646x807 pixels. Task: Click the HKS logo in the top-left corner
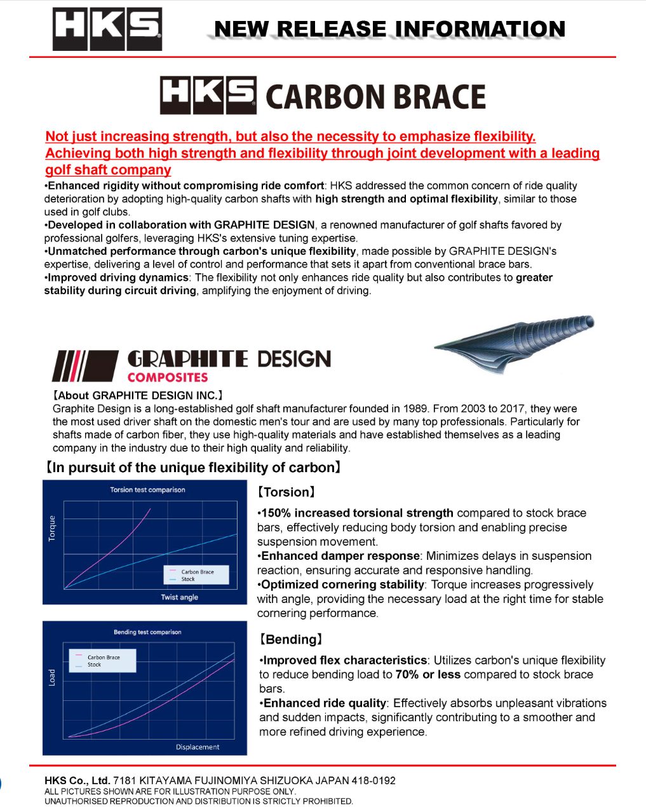[107, 29]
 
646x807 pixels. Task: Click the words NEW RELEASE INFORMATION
[389, 29]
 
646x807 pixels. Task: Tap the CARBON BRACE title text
[375, 97]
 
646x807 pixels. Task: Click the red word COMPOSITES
[168, 377]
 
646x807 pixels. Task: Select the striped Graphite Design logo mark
[84, 365]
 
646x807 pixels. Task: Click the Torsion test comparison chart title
[147, 490]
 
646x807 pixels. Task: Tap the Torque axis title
[52, 528]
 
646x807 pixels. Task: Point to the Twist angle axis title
[179, 597]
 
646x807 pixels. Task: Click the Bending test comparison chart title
[147, 632]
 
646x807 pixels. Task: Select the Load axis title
[52, 677]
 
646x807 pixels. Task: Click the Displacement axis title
[198, 747]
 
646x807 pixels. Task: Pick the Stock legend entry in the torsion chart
[188, 580]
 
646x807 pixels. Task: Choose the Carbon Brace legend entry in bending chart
[104, 658]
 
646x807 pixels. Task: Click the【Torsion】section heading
[286, 492]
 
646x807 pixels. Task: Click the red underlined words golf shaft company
[108, 170]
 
